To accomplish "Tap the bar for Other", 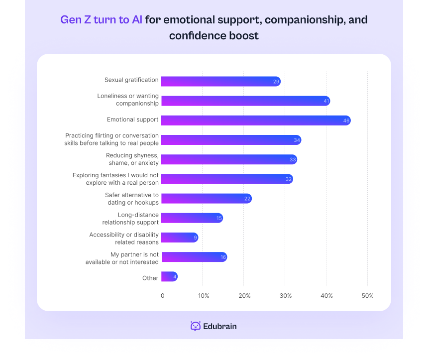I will coord(169,277).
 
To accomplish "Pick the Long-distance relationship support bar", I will coord(192,218).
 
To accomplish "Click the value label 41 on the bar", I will coord(326,101).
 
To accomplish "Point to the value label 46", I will coord(346,120).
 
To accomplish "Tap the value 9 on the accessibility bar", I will coord(195,238).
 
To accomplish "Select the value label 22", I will coord(247,199).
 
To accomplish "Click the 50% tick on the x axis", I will coord(367,296).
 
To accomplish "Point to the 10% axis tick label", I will coord(204,296).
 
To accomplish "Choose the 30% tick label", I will coord(285,296).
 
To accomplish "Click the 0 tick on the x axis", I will coord(162,296).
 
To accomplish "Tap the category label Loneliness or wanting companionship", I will coord(128,100).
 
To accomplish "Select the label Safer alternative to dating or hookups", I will coord(132,199).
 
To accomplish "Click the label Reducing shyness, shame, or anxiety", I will coord(132,159).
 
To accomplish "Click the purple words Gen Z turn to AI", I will coord(101,20).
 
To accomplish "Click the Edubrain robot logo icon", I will coord(196,326).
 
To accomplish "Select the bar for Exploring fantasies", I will coord(226,179).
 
